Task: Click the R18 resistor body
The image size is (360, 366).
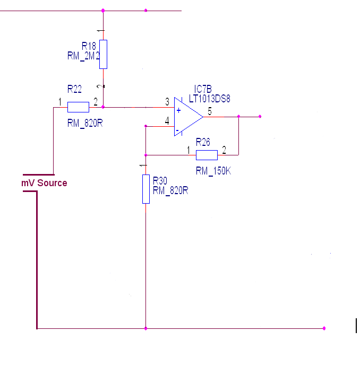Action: pyautogui.click(x=103, y=54)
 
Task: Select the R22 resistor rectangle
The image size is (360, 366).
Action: pyautogui.click(x=78, y=107)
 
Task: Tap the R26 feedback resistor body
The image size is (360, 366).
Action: pyautogui.click(x=207, y=155)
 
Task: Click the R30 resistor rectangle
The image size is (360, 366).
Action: pyautogui.click(x=145, y=189)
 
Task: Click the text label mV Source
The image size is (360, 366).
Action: pyautogui.click(x=44, y=183)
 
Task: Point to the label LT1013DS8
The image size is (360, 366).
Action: pyautogui.click(x=210, y=99)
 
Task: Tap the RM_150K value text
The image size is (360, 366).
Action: pyautogui.click(x=213, y=171)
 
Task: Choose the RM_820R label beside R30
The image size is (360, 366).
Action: pyautogui.click(x=170, y=190)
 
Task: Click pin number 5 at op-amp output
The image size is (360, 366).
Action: pyautogui.click(x=209, y=111)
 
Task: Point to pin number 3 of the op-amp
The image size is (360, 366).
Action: pyautogui.click(x=167, y=101)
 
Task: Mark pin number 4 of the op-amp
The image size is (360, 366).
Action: pyautogui.click(x=167, y=121)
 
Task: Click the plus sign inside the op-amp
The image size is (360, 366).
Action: pyautogui.click(x=178, y=110)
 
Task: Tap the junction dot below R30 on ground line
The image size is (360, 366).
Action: pyautogui.click(x=145, y=328)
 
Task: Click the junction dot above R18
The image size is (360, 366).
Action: pyautogui.click(x=103, y=10)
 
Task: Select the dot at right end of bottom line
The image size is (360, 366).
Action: pyautogui.click(x=324, y=328)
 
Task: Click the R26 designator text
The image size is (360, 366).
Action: pyautogui.click(x=202, y=142)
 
